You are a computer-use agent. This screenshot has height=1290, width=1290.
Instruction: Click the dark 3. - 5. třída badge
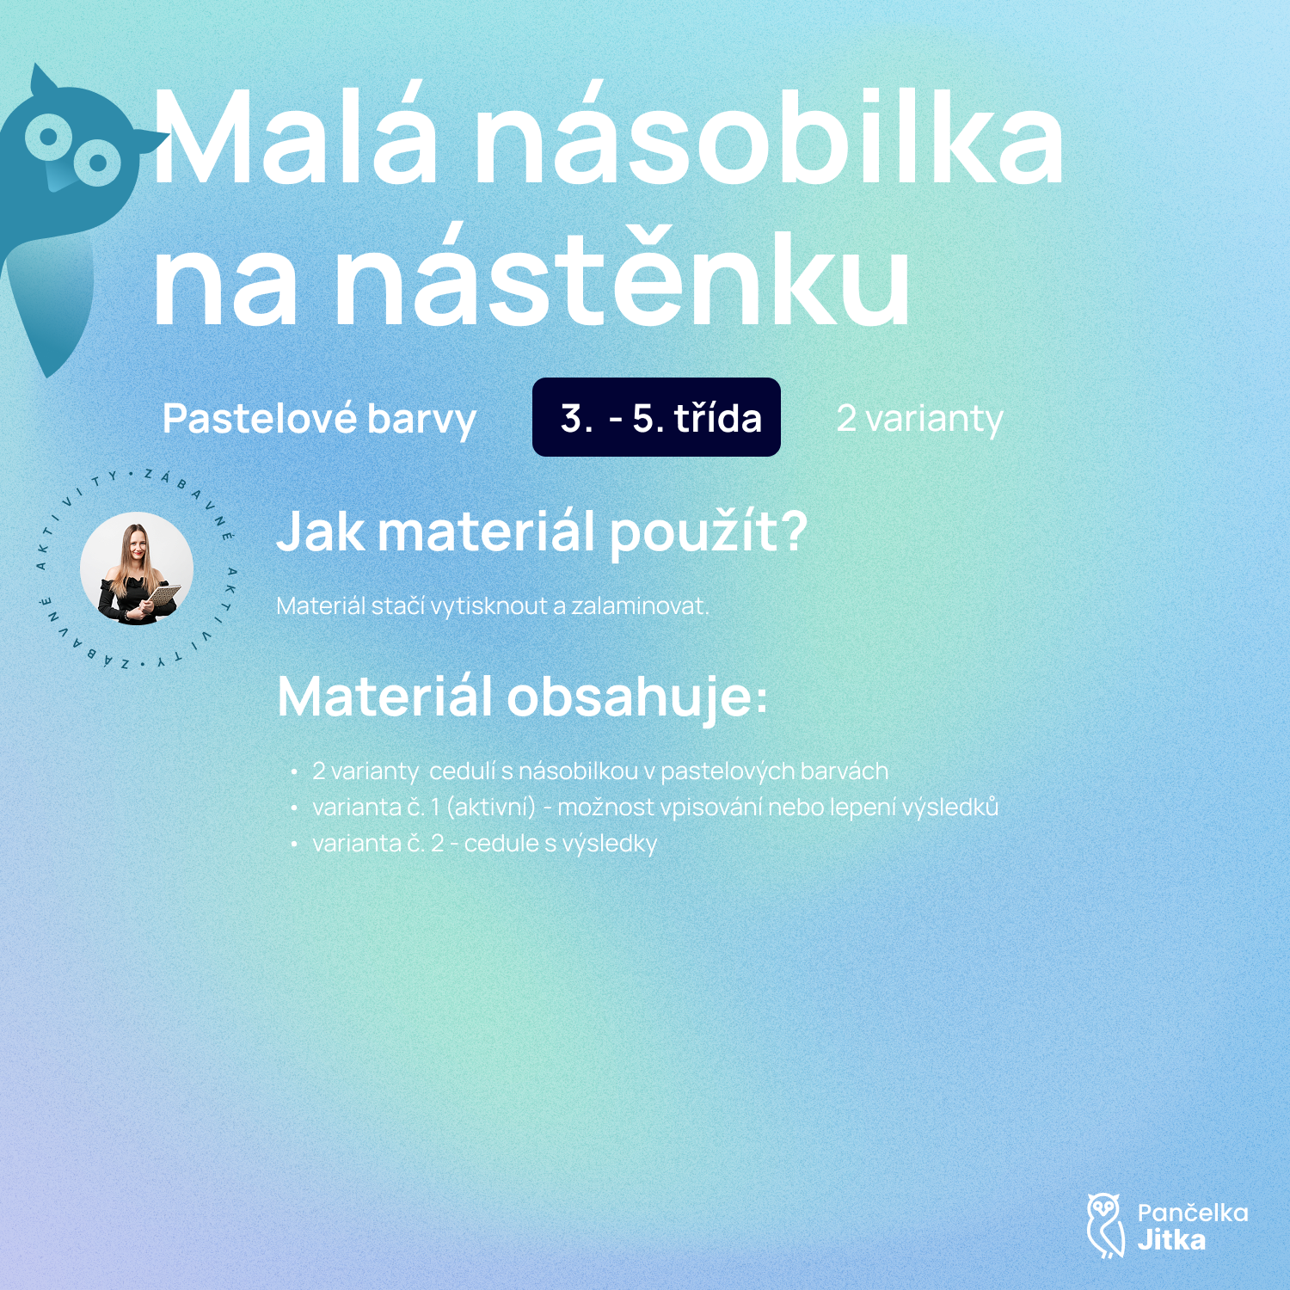656,417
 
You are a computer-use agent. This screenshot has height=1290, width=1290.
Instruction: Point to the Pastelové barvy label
319,420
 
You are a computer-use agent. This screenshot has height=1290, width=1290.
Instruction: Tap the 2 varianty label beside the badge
920,419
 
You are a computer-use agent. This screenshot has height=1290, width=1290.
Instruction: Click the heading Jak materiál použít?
542,532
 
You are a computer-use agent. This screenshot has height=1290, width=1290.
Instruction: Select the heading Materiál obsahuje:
522,697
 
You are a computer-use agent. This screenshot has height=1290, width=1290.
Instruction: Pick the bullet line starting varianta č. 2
485,844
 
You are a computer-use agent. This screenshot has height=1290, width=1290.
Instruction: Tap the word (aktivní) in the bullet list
491,808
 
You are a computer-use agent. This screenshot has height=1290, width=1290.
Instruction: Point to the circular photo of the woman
136,569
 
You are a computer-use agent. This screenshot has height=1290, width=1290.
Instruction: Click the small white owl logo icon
1105,1225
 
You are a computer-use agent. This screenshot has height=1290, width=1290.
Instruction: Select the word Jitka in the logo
1170,1240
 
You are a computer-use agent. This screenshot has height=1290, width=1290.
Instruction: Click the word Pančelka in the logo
1192,1213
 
